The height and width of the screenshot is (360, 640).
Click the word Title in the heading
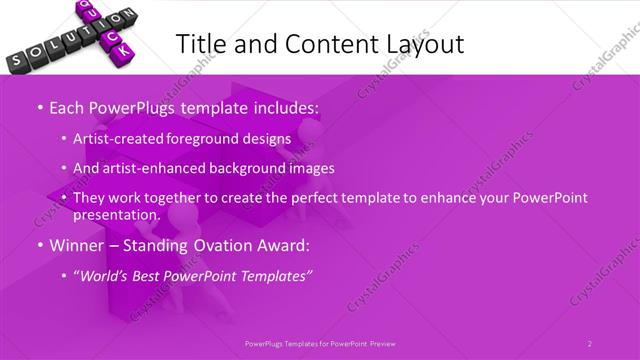[x=199, y=44]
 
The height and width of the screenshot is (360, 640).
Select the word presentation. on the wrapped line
[x=116, y=214]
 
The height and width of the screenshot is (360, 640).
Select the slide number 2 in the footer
[x=590, y=343]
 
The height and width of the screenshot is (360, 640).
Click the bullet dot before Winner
[x=39, y=244]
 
